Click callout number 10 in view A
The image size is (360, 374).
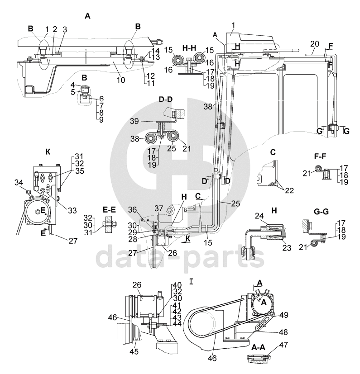click(x=120, y=80)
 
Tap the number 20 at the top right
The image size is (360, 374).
click(x=315, y=44)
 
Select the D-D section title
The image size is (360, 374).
click(x=166, y=99)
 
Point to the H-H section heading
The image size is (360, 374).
click(x=189, y=48)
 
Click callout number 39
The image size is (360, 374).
click(x=134, y=121)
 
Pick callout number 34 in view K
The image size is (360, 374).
click(x=19, y=182)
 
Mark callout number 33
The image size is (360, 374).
click(x=72, y=210)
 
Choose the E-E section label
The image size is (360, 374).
click(x=109, y=210)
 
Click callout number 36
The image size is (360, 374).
click(x=132, y=210)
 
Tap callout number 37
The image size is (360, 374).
click(x=158, y=208)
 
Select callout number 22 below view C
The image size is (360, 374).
click(x=289, y=190)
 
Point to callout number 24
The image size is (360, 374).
click(x=259, y=216)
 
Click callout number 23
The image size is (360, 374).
click(x=287, y=248)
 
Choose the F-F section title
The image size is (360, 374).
click(x=320, y=156)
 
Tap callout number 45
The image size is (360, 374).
click(x=134, y=351)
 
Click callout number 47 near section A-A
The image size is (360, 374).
click(x=283, y=345)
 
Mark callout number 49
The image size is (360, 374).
click(x=283, y=315)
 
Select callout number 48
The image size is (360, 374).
click(x=283, y=332)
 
